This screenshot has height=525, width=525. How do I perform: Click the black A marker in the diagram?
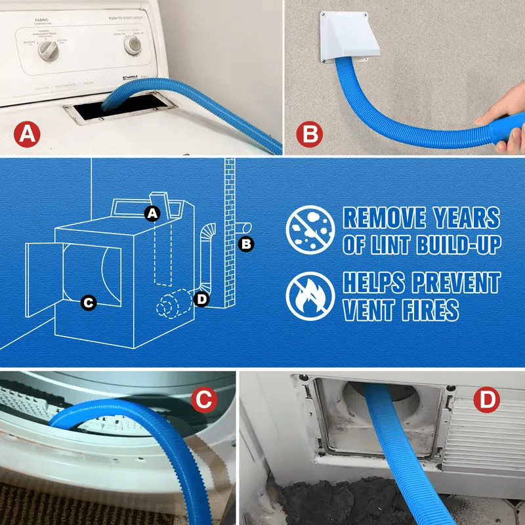click(152, 213)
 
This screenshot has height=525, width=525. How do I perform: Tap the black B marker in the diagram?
click(246, 244)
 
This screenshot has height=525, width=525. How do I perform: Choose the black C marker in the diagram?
click(88, 303)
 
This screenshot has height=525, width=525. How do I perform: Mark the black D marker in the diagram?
click(201, 300)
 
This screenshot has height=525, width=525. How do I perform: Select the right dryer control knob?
click(133, 44)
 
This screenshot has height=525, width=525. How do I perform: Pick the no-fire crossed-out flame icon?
click(306, 295)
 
